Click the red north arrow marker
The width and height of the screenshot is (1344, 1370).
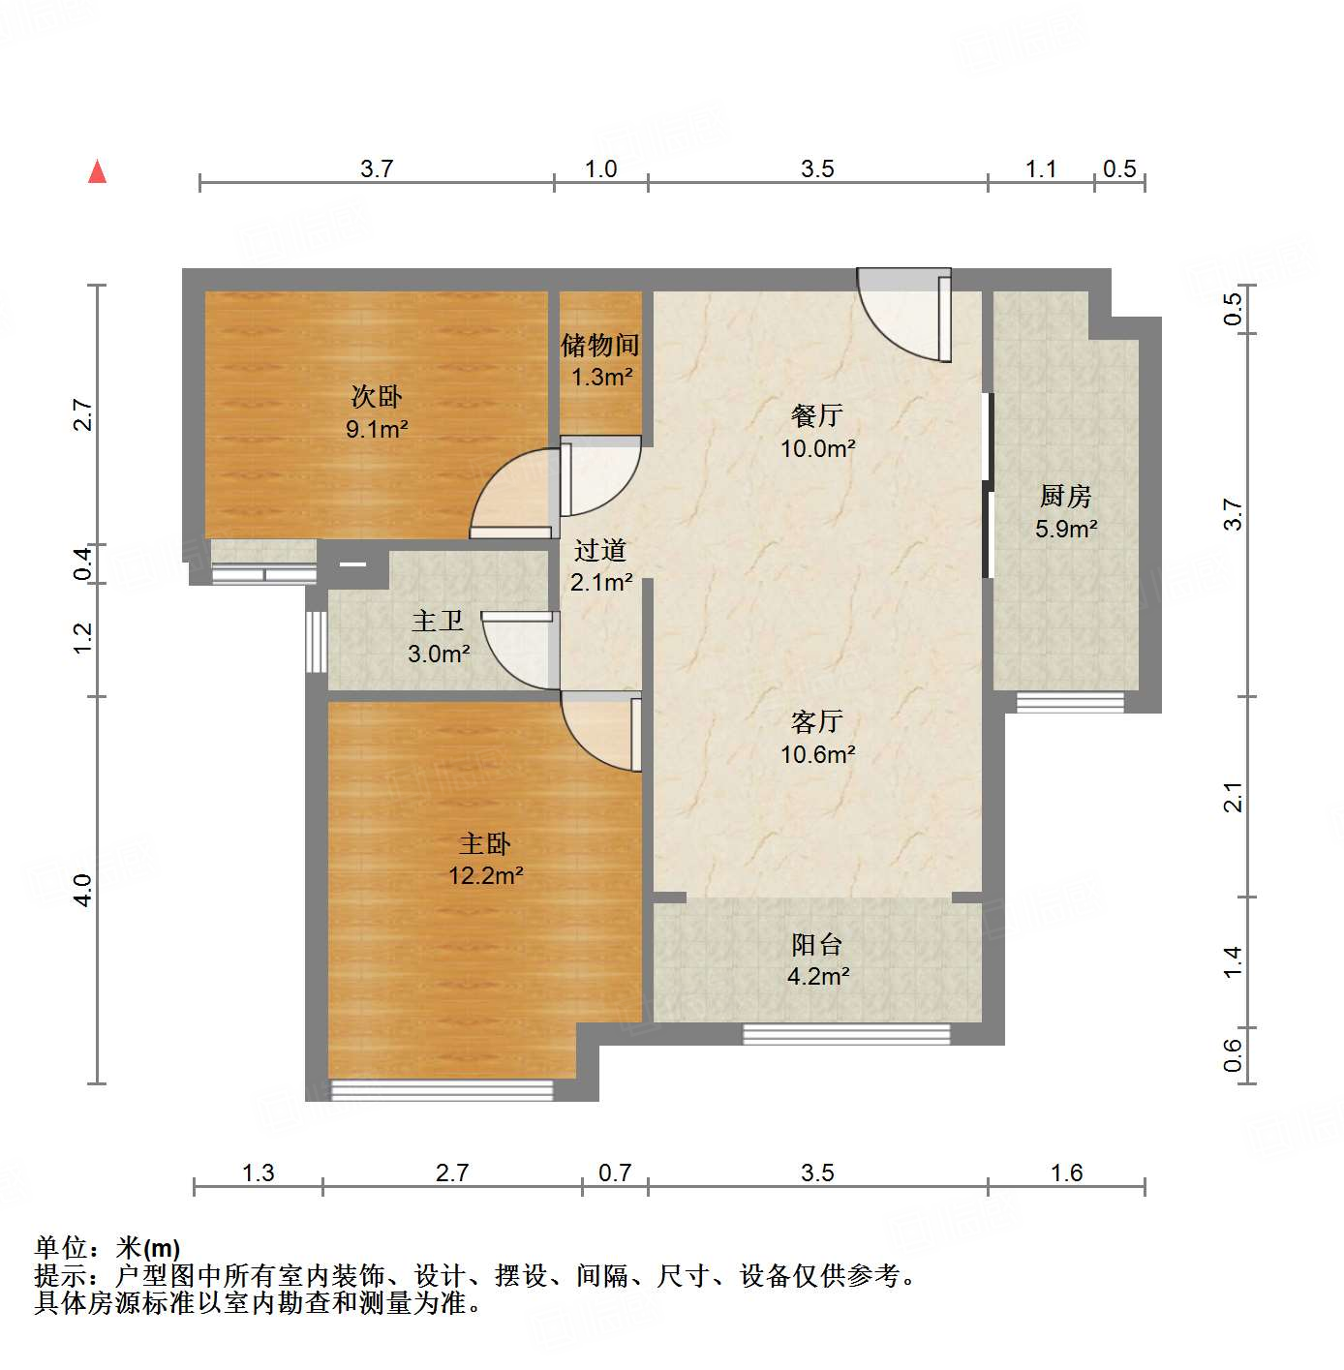click(97, 171)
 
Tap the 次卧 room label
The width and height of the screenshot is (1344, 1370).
click(376, 397)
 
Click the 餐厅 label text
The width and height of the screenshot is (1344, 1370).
click(817, 416)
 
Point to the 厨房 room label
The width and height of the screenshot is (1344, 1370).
click(1065, 497)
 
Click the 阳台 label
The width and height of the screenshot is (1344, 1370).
click(817, 945)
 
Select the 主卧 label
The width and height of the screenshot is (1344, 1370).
click(484, 844)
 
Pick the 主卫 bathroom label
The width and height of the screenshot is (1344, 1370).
click(438, 622)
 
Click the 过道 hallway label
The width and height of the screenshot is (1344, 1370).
click(600, 551)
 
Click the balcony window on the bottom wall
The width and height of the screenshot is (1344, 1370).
click(846, 1034)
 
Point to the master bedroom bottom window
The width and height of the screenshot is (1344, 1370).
click(442, 1090)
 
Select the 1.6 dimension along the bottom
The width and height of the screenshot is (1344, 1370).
click(1066, 1173)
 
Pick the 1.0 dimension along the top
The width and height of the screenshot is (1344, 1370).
click(600, 169)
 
